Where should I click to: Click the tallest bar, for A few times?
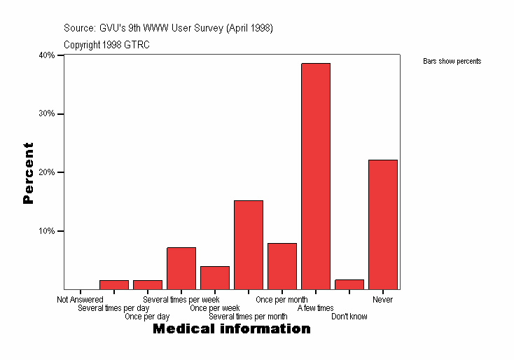(x=316, y=176)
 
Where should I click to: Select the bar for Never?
(x=383, y=224)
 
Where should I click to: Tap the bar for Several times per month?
(x=249, y=244)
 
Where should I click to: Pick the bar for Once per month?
(x=282, y=266)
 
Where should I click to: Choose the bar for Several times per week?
(x=181, y=268)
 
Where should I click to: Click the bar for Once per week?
(x=215, y=277)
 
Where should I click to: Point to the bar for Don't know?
(x=349, y=284)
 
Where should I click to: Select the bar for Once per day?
(x=148, y=284)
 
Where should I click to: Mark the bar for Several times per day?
(x=114, y=284)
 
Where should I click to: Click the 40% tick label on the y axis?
(x=47, y=55)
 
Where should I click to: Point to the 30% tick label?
(x=47, y=114)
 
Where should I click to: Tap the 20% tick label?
(x=47, y=172)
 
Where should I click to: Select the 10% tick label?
(x=47, y=231)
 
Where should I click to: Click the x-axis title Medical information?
(x=231, y=328)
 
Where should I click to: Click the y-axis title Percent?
(x=28, y=173)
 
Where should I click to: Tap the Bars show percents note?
(x=452, y=62)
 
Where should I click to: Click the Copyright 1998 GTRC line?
(x=106, y=45)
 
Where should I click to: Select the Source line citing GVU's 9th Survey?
(x=168, y=28)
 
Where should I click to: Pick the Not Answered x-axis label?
(x=80, y=300)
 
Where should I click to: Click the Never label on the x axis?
(x=383, y=300)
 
